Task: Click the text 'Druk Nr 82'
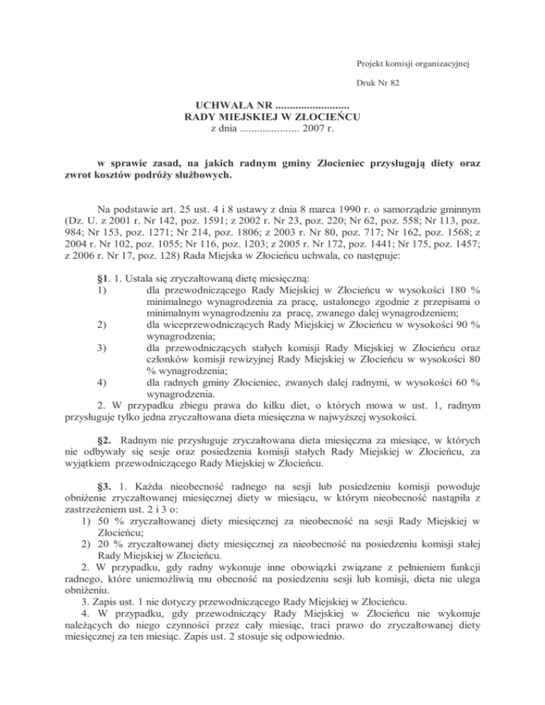[x=378, y=83]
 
